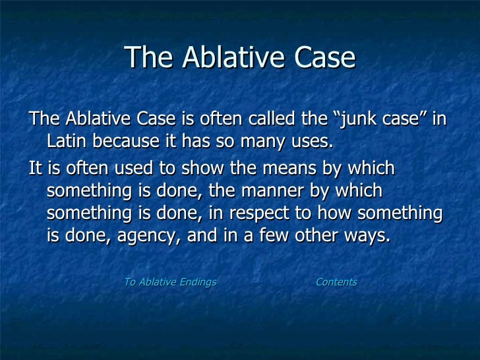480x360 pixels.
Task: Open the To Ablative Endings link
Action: click(x=170, y=282)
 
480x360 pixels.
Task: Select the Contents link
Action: click(x=336, y=282)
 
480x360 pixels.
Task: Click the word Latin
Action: click(x=68, y=142)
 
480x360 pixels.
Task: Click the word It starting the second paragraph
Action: click(x=36, y=169)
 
